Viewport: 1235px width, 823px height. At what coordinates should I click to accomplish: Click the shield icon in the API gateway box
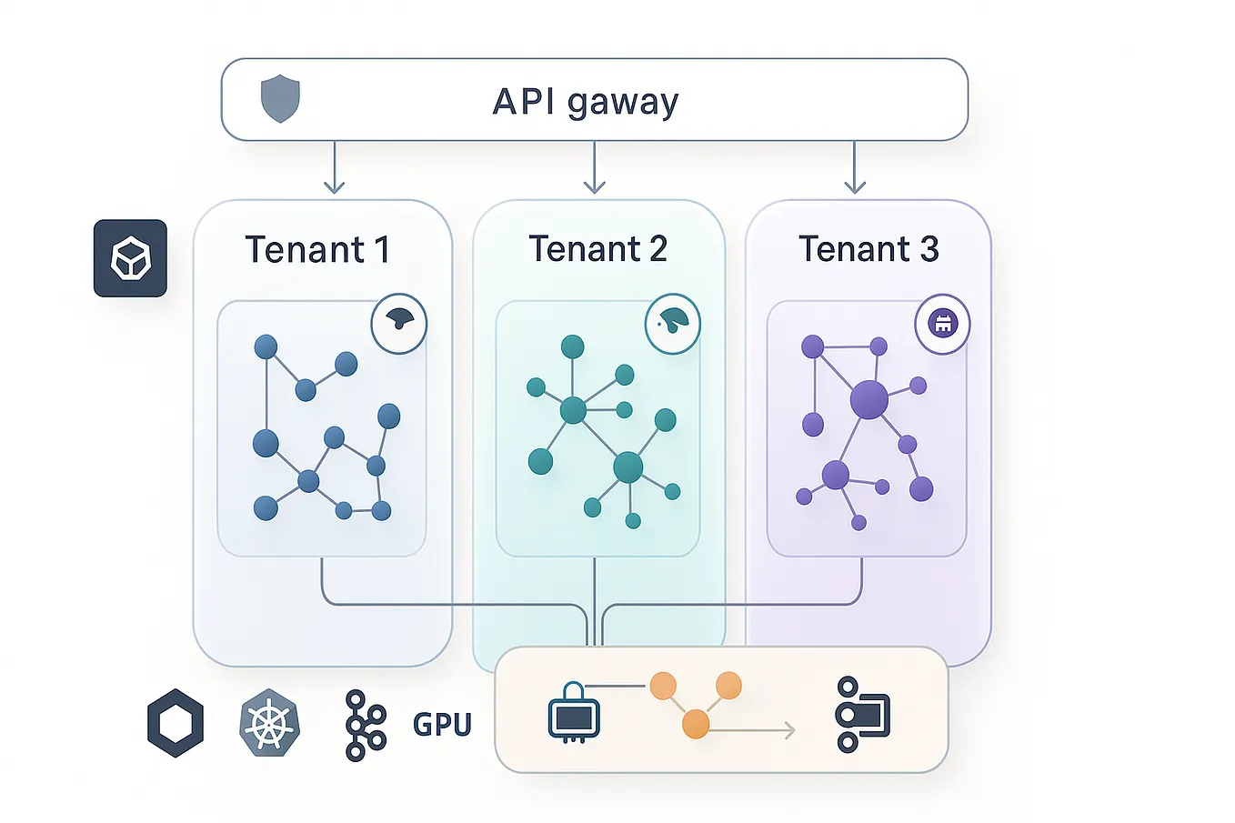[280, 99]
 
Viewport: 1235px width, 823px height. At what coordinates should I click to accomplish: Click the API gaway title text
[585, 101]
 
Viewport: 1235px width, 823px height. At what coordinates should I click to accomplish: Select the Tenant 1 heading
[317, 249]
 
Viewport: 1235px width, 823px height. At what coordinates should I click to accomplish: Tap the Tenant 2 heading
[597, 248]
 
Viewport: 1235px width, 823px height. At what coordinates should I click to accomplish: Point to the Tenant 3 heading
[868, 248]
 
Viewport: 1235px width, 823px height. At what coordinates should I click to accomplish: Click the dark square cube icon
[130, 258]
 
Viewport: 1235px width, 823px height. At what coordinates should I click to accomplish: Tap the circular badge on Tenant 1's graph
[399, 322]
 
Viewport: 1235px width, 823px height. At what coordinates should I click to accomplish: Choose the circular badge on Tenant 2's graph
[672, 322]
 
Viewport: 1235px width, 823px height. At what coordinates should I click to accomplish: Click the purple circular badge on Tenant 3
[942, 323]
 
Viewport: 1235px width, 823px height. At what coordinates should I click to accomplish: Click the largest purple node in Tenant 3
[869, 399]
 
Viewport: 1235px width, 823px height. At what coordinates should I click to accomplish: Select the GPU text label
[442, 725]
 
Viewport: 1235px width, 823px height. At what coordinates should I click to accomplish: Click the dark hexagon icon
[176, 723]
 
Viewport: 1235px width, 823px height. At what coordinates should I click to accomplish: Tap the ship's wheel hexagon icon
[269, 724]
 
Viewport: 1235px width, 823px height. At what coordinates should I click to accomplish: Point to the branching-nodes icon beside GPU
[365, 725]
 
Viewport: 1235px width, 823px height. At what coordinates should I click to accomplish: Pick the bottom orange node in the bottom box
[696, 724]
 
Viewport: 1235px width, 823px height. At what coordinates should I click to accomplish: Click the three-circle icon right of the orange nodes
[861, 714]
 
